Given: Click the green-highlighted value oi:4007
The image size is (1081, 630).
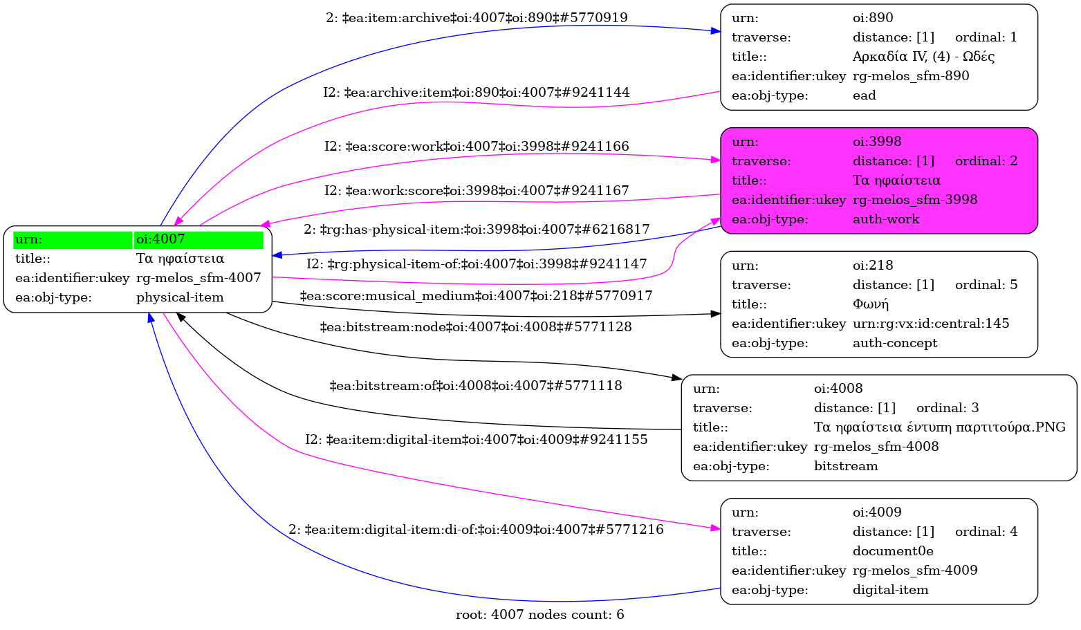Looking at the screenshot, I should (160, 239).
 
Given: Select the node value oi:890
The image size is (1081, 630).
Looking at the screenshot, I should (873, 18).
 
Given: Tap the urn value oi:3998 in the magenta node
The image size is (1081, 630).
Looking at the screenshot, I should (877, 142).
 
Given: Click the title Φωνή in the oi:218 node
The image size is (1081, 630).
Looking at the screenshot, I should (871, 304).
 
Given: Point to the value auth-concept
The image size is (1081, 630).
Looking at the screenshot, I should (895, 343).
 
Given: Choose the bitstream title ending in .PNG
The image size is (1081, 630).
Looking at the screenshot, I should (939, 427).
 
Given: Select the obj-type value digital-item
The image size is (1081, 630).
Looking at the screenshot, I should (890, 590).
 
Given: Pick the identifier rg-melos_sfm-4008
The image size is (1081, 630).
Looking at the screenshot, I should (876, 447).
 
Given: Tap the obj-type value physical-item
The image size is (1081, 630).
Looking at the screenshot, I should (180, 297).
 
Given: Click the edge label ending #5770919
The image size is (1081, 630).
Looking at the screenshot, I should (477, 18).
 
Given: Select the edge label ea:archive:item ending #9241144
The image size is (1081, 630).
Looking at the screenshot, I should (476, 93).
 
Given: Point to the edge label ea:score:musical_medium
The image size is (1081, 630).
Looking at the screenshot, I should (476, 296).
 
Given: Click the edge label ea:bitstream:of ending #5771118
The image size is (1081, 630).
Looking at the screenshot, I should (476, 386).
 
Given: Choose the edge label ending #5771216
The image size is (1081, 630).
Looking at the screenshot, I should (476, 530).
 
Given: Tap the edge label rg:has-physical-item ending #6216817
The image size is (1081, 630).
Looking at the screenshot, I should (476, 229).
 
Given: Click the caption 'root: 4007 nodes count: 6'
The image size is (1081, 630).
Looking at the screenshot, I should (539, 615).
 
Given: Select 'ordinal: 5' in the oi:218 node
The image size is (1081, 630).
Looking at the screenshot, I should (986, 285).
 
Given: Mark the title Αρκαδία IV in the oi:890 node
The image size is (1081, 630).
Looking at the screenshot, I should (923, 57).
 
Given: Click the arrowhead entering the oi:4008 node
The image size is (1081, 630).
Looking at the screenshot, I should (677, 378).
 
